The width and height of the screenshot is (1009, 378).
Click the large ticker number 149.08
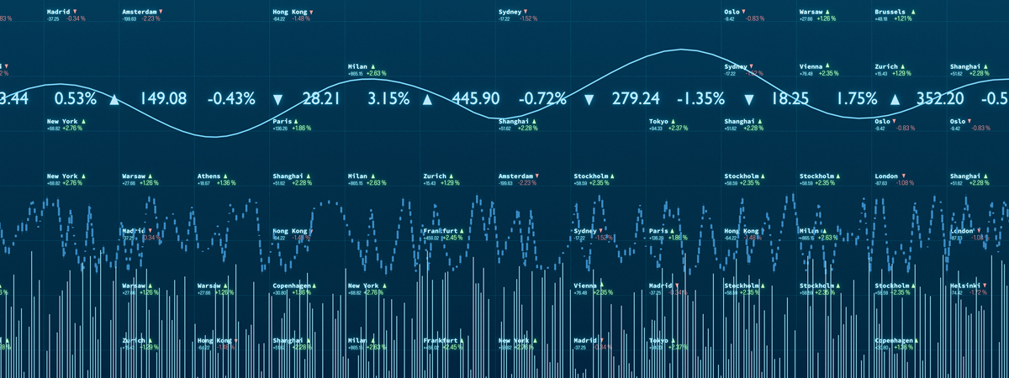[x=163, y=98]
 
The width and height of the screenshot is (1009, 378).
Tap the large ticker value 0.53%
[x=75, y=98]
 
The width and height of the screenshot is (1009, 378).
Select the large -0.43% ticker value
[x=231, y=98]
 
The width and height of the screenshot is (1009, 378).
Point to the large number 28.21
[x=321, y=98]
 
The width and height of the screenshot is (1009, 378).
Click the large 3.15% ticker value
[x=388, y=98]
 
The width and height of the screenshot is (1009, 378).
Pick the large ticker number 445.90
[x=476, y=98]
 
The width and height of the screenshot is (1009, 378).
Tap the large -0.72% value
[x=542, y=98]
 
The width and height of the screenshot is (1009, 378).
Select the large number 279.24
[x=636, y=98]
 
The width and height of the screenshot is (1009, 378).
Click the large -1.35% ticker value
[x=700, y=98]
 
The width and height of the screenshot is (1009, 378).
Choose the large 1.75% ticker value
[x=857, y=98]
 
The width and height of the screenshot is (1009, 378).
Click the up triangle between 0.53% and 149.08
[x=114, y=99]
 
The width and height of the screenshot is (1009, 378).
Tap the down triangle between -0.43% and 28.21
[x=278, y=99]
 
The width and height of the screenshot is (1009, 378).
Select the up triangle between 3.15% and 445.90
[x=427, y=99]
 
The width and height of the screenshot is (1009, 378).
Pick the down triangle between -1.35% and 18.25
[x=748, y=99]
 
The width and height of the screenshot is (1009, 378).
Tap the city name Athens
[x=210, y=176]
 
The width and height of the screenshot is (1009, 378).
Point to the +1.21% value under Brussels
[x=902, y=18]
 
